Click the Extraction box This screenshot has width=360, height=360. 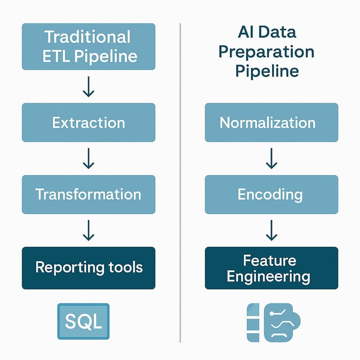click(x=88, y=122)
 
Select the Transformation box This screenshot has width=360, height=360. click(x=88, y=194)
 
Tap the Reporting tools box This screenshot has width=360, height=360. click(x=88, y=268)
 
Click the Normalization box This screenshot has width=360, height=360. click(x=271, y=122)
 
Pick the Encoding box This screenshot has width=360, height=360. click(x=271, y=194)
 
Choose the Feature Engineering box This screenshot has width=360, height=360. click(x=271, y=268)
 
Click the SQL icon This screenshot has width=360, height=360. click(x=83, y=321)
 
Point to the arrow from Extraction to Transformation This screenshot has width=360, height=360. click(x=88, y=159)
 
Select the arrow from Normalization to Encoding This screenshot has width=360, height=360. click(x=271, y=159)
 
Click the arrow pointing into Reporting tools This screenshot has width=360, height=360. click(x=88, y=231)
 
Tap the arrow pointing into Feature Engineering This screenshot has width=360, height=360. click(x=271, y=231)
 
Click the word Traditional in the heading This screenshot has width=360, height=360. click(x=88, y=37)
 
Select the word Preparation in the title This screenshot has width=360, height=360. click(x=266, y=52)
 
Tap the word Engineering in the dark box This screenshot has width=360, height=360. click(x=269, y=276)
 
